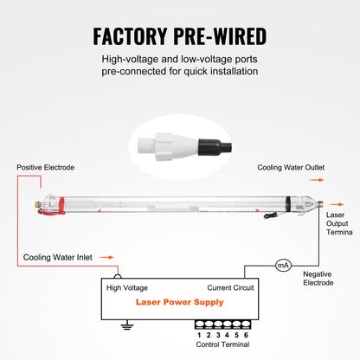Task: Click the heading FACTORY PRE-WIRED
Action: coord(180,37)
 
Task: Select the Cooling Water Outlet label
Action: coord(290,167)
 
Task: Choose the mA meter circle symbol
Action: coord(281,267)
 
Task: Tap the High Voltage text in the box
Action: coord(126,287)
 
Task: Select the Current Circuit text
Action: coord(230,287)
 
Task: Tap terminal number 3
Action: coord(219,334)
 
